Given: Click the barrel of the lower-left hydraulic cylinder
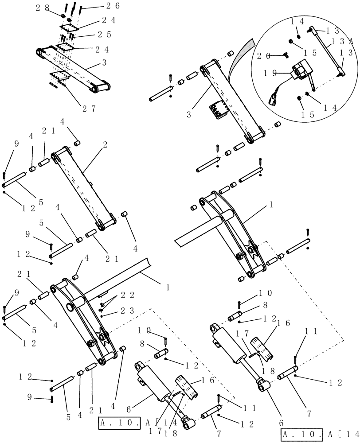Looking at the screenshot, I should (152, 382).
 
